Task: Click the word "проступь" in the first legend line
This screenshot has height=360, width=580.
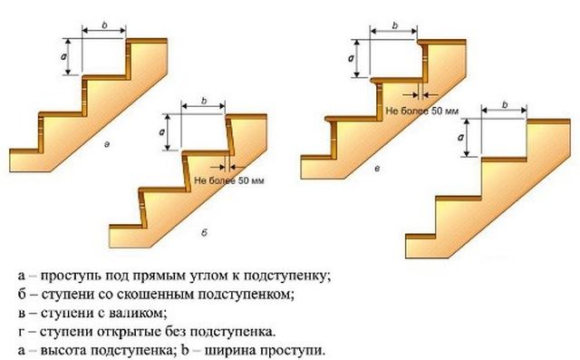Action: coord(70,275)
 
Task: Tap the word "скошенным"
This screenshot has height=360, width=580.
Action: coord(132,294)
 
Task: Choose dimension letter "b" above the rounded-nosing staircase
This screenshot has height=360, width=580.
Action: coord(395,24)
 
